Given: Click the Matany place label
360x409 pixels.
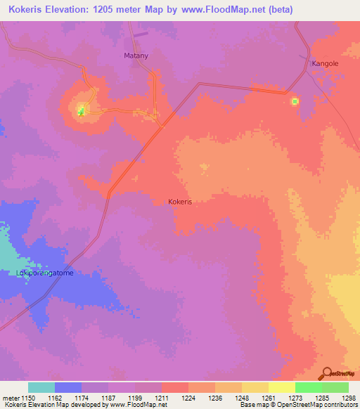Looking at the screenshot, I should click(135, 55).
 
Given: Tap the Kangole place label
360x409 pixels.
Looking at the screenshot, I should click(325, 63).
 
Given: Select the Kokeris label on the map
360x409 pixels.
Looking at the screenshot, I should click(181, 202).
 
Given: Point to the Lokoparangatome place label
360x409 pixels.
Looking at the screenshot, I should click(45, 273).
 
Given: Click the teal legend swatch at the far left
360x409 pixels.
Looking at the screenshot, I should click(41, 388).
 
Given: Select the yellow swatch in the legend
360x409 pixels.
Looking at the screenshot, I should click(282, 388).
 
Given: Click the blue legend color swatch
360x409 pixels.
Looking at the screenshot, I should click(68, 388).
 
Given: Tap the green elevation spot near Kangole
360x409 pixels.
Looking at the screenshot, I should click(295, 101).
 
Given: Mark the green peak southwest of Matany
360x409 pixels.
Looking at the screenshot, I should click(81, 110).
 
